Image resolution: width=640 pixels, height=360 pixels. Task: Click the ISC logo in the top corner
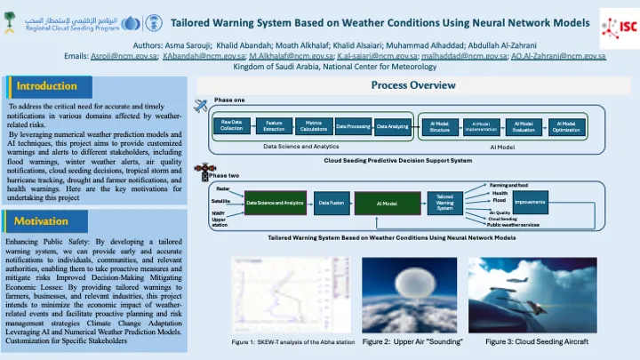(x=619, y=24)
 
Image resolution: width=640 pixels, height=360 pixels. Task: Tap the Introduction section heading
(x=46, y=86)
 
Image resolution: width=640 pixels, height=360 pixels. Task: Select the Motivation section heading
(x=41, y=221)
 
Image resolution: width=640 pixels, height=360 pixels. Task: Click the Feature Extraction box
(x=274, y=127)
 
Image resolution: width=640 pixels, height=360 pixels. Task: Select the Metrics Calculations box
(x=313, y=127)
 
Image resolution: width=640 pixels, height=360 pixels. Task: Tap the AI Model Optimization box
(x=565, y=127)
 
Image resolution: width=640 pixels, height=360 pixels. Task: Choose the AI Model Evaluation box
(x=524, y=127)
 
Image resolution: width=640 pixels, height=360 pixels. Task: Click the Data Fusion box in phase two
(x=331, y=204)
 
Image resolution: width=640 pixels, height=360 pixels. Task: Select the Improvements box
(x=530, y=203)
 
